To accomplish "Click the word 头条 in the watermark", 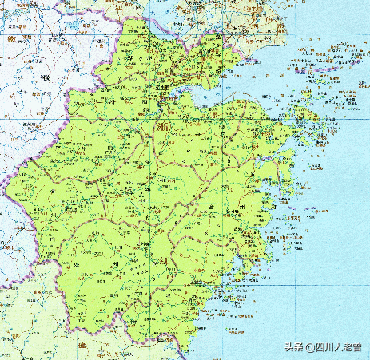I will (x=273, y=347).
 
